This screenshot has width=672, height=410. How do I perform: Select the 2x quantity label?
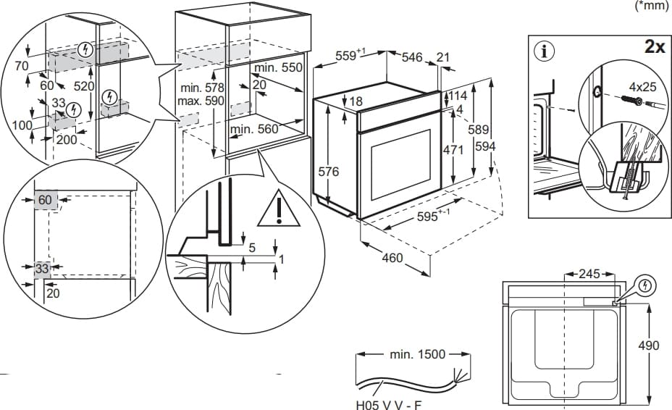point(655,48)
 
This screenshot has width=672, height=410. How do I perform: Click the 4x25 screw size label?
point(642,86)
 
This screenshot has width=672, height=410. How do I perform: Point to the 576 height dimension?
point(329,172)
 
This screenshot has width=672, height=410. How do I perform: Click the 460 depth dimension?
point(392,257)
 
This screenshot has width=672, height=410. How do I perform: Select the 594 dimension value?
point(486,146)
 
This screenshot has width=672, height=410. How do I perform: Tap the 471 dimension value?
point(453,149)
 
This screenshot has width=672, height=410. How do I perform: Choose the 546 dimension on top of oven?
point(412,57)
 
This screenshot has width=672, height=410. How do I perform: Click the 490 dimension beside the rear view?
point(648,346)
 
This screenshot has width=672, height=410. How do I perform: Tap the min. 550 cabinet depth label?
point(277,67)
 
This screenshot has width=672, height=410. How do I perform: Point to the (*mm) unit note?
point(652,5)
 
